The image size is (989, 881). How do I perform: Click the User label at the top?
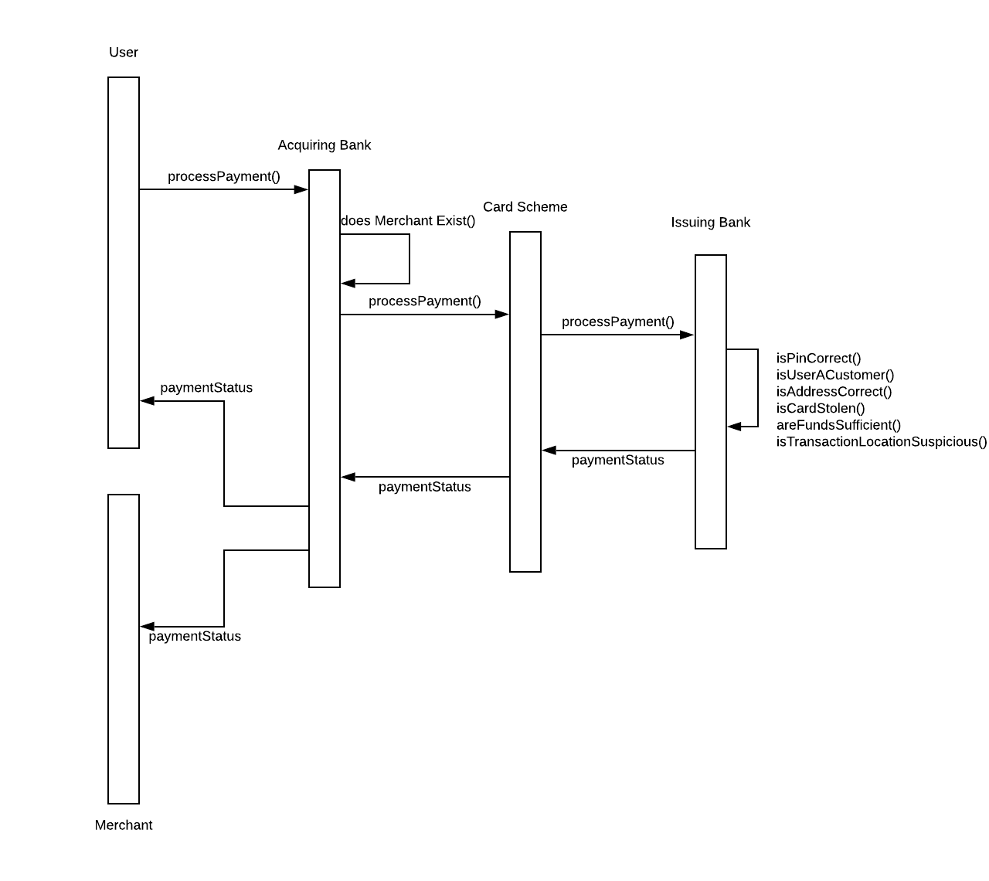(x=124, y=53)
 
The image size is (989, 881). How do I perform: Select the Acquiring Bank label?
(x=325, y=145)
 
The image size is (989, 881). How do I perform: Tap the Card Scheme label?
(x=525, y=207)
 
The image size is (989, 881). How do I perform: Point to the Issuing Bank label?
(x=711, y=223)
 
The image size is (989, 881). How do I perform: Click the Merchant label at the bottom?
(x=124, y=825)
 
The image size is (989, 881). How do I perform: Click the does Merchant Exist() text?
(x=408, y=221)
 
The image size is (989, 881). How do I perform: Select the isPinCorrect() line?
(x=818, y=359)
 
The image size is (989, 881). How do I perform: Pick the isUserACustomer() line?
(x=835, y=376)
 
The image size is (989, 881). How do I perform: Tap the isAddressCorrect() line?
(x=834, y=392)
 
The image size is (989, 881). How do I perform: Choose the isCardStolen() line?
(x=821, y=408)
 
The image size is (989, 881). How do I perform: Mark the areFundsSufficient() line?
(x=838, y=425)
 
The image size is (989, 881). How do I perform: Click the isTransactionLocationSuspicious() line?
(x=882, y=442)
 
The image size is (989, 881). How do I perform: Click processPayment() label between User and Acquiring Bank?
(x=224, y=176)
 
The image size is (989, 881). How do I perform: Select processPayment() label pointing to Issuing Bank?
(x=618, y=321)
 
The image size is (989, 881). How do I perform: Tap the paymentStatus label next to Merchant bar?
(x=195, y=637)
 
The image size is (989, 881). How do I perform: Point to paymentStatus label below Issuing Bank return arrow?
(x=618, y=461)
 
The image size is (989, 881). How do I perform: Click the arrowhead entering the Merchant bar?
(x=148, y=626)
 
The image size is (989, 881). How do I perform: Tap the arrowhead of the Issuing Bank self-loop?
(x=735, y=426)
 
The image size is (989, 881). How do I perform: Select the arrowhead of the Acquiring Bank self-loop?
(x=348, y=284)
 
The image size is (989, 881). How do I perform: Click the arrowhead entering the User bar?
(x=148, y=400)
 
